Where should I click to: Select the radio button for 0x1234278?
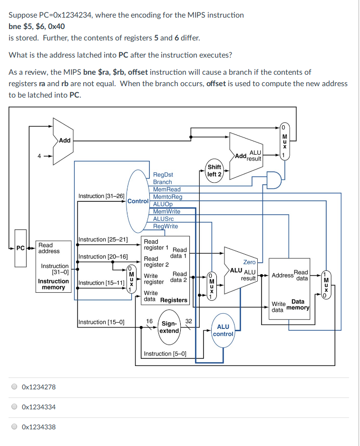click(15, 387)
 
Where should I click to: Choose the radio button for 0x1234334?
click(15, 407)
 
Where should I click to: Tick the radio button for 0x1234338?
click(15, 427)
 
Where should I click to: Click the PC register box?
click(20, 248)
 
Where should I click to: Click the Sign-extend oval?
click(169, 327)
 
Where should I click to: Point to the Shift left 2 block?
click(214, 170)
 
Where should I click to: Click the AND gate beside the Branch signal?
click(273, 180)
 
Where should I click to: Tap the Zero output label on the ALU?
click(249, 262)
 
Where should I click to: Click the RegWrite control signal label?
click(165, 226)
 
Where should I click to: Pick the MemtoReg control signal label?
click(167, 197)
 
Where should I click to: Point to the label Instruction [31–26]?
click(101, 196)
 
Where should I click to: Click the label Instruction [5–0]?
click(165, 354)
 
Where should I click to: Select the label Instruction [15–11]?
click(101, 283)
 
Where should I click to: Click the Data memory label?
click(298, 305)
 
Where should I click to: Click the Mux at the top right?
click(284, 140)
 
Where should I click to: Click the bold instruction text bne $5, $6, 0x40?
click(37, 26)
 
